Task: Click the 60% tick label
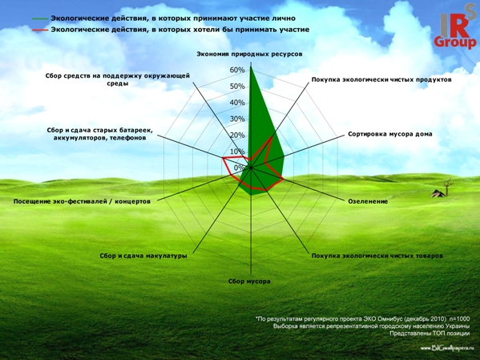tap(237, 70)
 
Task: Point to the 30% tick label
tap(237, 119)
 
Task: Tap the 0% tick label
tap(239, 168)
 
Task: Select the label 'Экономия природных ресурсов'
tap(249, 54)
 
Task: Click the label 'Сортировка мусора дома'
tap(390, 134)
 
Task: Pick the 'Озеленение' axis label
tap(368, 201)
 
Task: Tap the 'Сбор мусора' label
tap(249, 281)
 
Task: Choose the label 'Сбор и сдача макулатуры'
tap(143, 256)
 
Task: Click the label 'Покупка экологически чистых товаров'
tap(377, 256)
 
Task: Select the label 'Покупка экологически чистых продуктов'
tap(381, 79)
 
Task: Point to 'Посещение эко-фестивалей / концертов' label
tap(82, 201)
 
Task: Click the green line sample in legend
tap(40, 19)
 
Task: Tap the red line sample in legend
tap(40, 30)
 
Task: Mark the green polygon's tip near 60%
tap(251, 66)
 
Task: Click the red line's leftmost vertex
tap(223, 158)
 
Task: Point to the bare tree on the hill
tap(448, 187)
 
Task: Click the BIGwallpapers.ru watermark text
tap(445, 348)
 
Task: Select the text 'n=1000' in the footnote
tap(461, 319)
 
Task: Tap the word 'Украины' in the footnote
tap(458, 326)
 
